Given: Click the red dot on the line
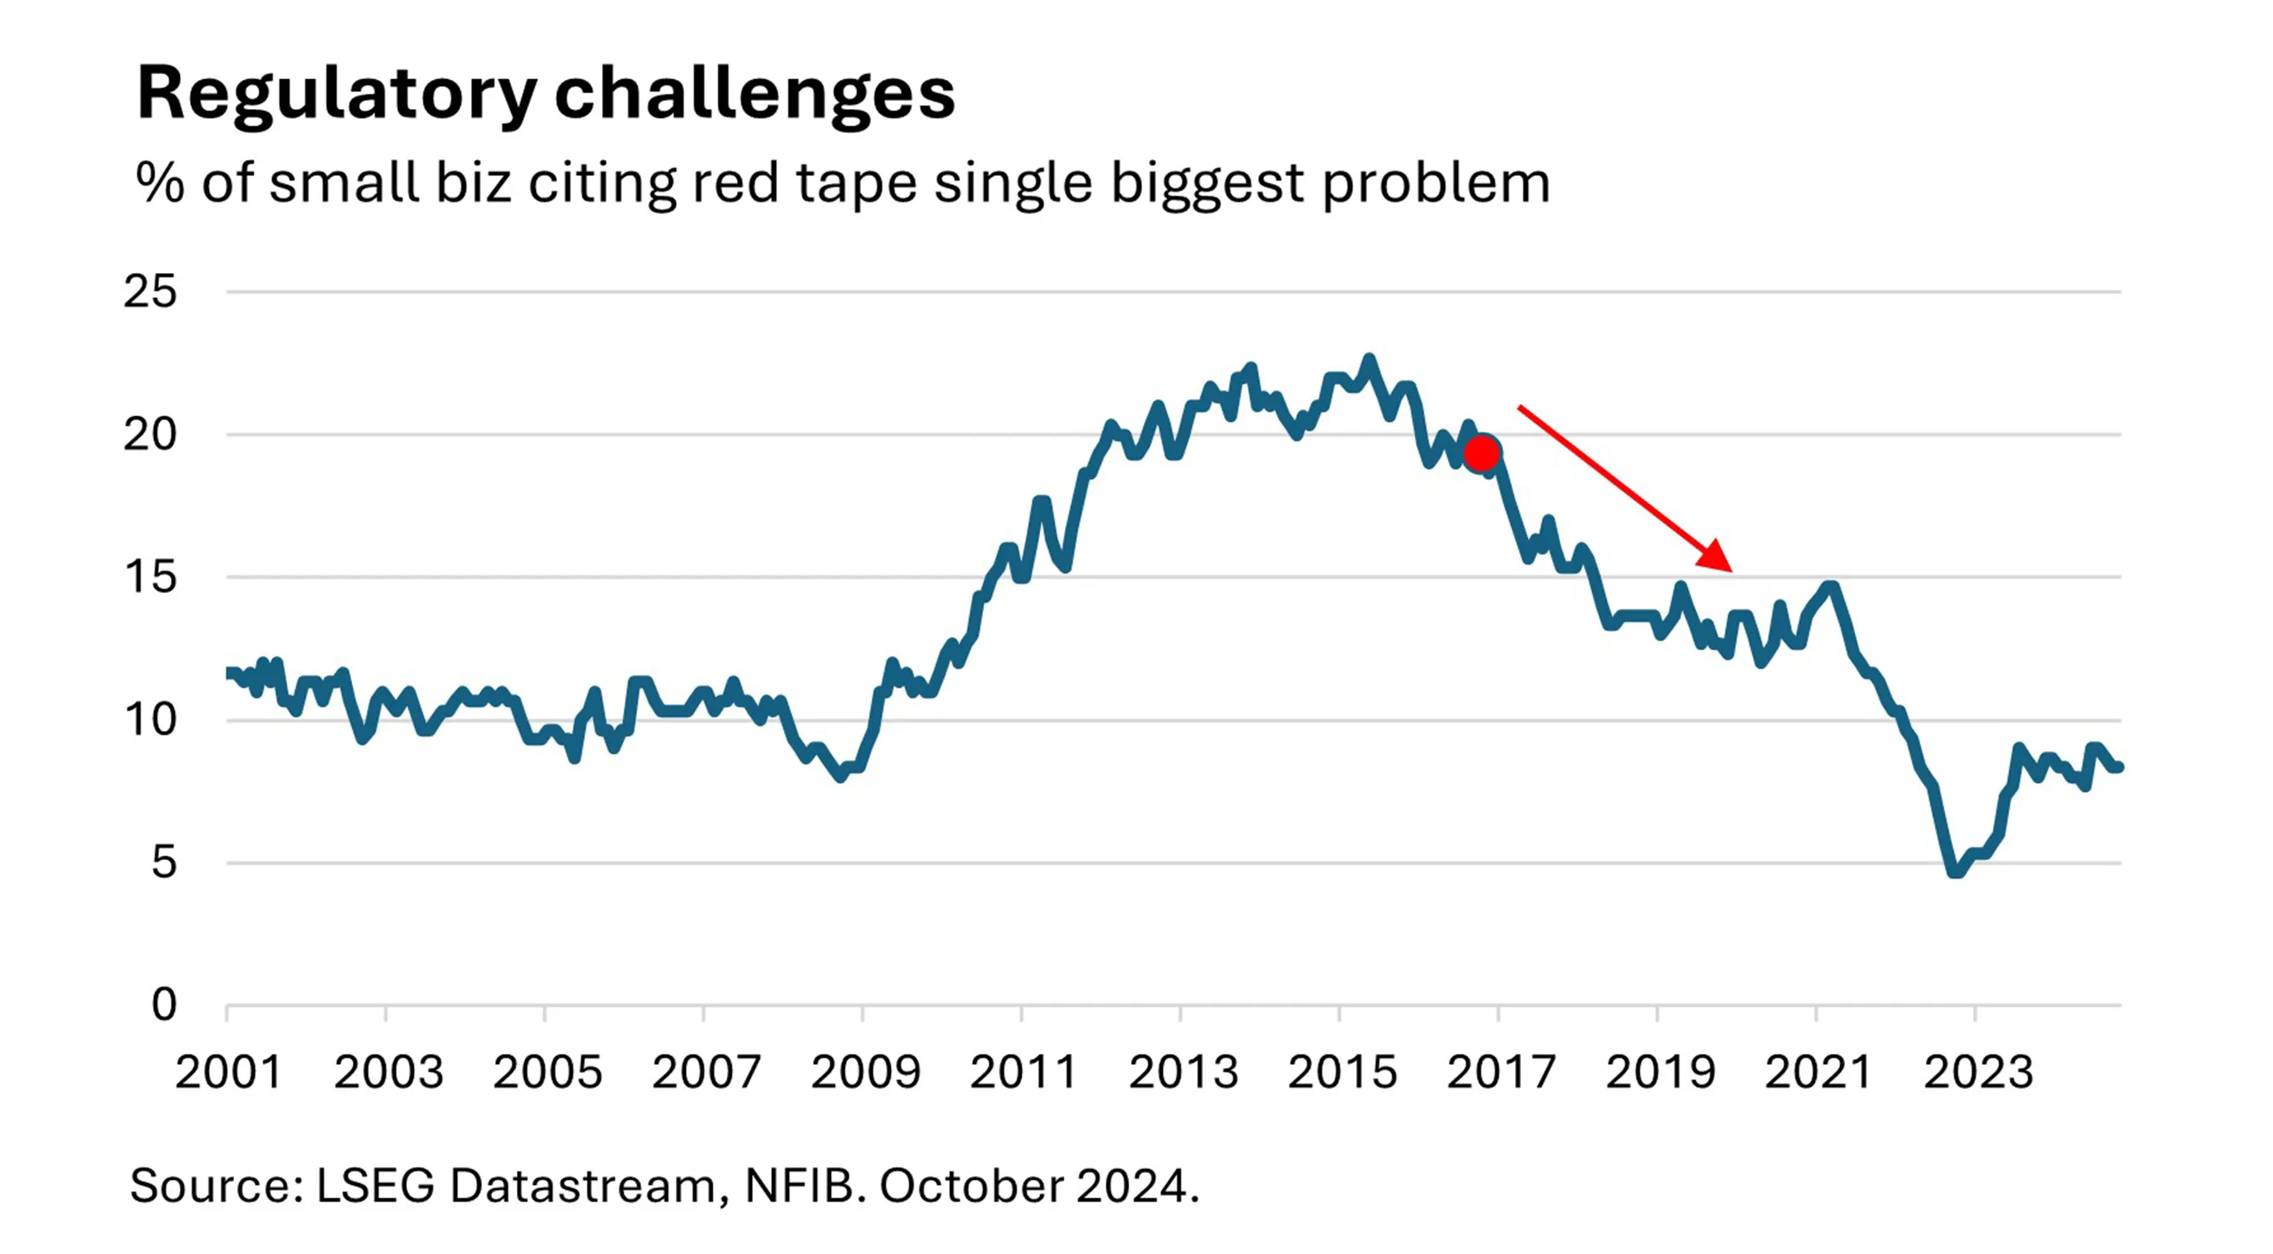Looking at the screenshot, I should (x=1481, y=454).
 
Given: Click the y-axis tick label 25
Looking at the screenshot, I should (x=150, y=292).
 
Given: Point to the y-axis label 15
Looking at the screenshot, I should (x=150, y=578).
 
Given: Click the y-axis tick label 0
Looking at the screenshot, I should (x=163, y=1005).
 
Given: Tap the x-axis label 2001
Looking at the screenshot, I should (x=227, y=1073).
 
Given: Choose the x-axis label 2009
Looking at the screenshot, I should (x=865, y=1073).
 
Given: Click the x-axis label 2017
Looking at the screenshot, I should (x=1500, y=1073).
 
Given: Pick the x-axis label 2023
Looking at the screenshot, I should (x=1977, y=1073).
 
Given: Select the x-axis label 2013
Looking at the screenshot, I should (x=1182, y=1073).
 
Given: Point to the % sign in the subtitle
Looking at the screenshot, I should (x=160, y=183).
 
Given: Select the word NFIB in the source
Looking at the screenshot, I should (x=799, y=1186).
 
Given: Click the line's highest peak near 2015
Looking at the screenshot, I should (x=1369, y=359).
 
